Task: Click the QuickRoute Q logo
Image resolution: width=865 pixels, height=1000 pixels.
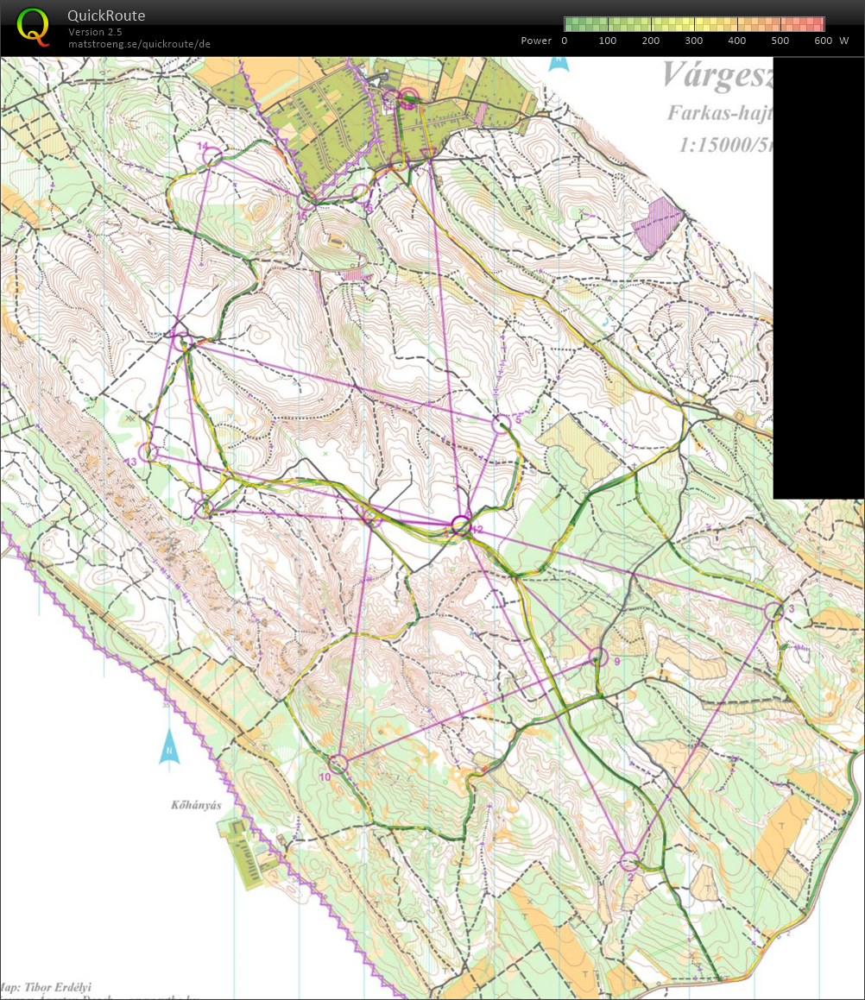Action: coord(33,25)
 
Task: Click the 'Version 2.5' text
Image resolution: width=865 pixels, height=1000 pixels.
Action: coord(95,32)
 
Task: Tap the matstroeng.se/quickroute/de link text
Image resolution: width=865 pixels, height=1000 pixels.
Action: coord(139,44)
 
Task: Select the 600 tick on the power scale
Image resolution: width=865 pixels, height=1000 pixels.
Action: coord(823,41)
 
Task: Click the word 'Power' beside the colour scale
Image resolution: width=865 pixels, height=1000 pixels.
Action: coord(536,41)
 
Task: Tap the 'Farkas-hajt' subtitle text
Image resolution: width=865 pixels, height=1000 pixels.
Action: coord(719,113)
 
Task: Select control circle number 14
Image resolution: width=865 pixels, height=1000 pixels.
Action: coord(213,157)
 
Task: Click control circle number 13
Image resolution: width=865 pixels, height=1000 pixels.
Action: coord(148,451)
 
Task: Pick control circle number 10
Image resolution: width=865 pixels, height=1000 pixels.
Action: coord(338,764)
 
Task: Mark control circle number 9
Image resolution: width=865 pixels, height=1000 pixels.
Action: coord(598,657)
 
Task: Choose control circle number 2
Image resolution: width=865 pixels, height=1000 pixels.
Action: coord(629,861)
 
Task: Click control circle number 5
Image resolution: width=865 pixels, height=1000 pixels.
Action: coord(502,424)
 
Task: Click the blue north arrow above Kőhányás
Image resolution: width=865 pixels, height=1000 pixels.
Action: coord(168,747)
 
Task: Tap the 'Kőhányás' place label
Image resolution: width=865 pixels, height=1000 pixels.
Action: coord(197,805)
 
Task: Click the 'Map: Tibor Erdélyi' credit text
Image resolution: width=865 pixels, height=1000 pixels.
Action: coord(47,987)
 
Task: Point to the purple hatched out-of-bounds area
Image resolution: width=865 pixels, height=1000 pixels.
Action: coord(658,224)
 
